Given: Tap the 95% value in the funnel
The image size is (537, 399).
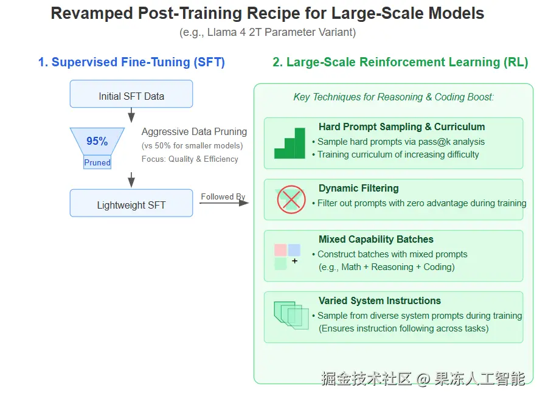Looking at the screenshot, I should tap(97, 141).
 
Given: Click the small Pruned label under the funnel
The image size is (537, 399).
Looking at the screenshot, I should tap(97, 162).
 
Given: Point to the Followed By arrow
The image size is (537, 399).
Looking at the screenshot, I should tap(224, 202).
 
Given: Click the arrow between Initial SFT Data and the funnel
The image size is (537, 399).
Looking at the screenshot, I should tap(131, 115).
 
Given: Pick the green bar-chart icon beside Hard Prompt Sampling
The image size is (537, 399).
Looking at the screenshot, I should tap(289, 144).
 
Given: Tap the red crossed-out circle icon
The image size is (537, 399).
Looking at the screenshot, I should tap(291, 199).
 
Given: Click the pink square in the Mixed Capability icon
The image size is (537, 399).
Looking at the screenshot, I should tap(280, 250).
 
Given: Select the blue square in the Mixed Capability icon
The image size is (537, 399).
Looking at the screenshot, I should tap(294, 250).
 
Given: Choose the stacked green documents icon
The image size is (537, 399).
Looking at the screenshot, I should tap(291, 315).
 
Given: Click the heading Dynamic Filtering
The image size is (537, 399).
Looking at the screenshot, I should tap(359, 189).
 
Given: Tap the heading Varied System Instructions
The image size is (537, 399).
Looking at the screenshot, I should tap(379, 300).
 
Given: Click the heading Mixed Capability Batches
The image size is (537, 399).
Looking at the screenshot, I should tap(376, 240).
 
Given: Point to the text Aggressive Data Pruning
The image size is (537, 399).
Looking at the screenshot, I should tap(194, 132).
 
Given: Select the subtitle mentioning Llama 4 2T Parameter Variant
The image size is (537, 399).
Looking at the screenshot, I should tap(268, 32).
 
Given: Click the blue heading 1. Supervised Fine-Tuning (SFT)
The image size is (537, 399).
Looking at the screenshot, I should tap(131, 62).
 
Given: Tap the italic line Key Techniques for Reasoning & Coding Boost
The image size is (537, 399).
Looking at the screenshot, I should tap(393, 97).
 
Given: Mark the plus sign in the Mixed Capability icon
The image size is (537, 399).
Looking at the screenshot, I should tap(295, 261).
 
